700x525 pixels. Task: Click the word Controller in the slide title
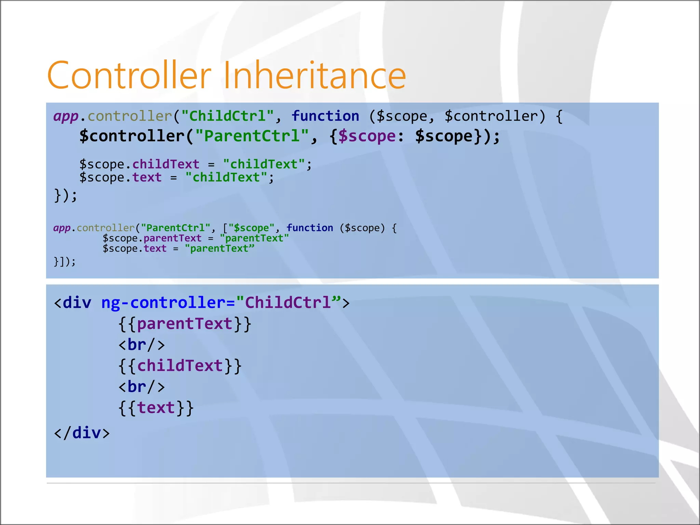tap(129, 75)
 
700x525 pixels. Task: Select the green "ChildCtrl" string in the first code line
tap(227, 116)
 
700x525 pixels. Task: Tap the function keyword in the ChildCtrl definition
tap(325, 116)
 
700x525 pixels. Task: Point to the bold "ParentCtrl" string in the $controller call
tap(252, 136)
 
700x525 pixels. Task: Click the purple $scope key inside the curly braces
tap(367, 136)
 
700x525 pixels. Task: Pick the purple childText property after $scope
tap(166, 164)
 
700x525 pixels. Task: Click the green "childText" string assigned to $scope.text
tap(226, 177)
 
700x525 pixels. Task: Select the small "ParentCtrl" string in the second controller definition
tap(176, 228)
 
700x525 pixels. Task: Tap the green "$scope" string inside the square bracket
tap(251, 228)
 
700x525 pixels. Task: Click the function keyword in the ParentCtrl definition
tap(310, 228)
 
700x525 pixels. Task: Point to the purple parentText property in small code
tap(172, 238)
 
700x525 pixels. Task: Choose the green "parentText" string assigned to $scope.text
tap(219, 248)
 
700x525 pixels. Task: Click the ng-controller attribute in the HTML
tap(164, 303)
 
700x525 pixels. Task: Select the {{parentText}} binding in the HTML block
tap(185, 324)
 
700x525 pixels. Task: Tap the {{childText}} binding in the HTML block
tap(180, 366)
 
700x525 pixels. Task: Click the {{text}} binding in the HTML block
tap(156, 408)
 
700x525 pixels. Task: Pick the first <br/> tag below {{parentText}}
tap(142, 345)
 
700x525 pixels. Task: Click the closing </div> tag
tap(82, 433)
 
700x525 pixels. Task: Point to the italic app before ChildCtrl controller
tap(66, 116)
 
